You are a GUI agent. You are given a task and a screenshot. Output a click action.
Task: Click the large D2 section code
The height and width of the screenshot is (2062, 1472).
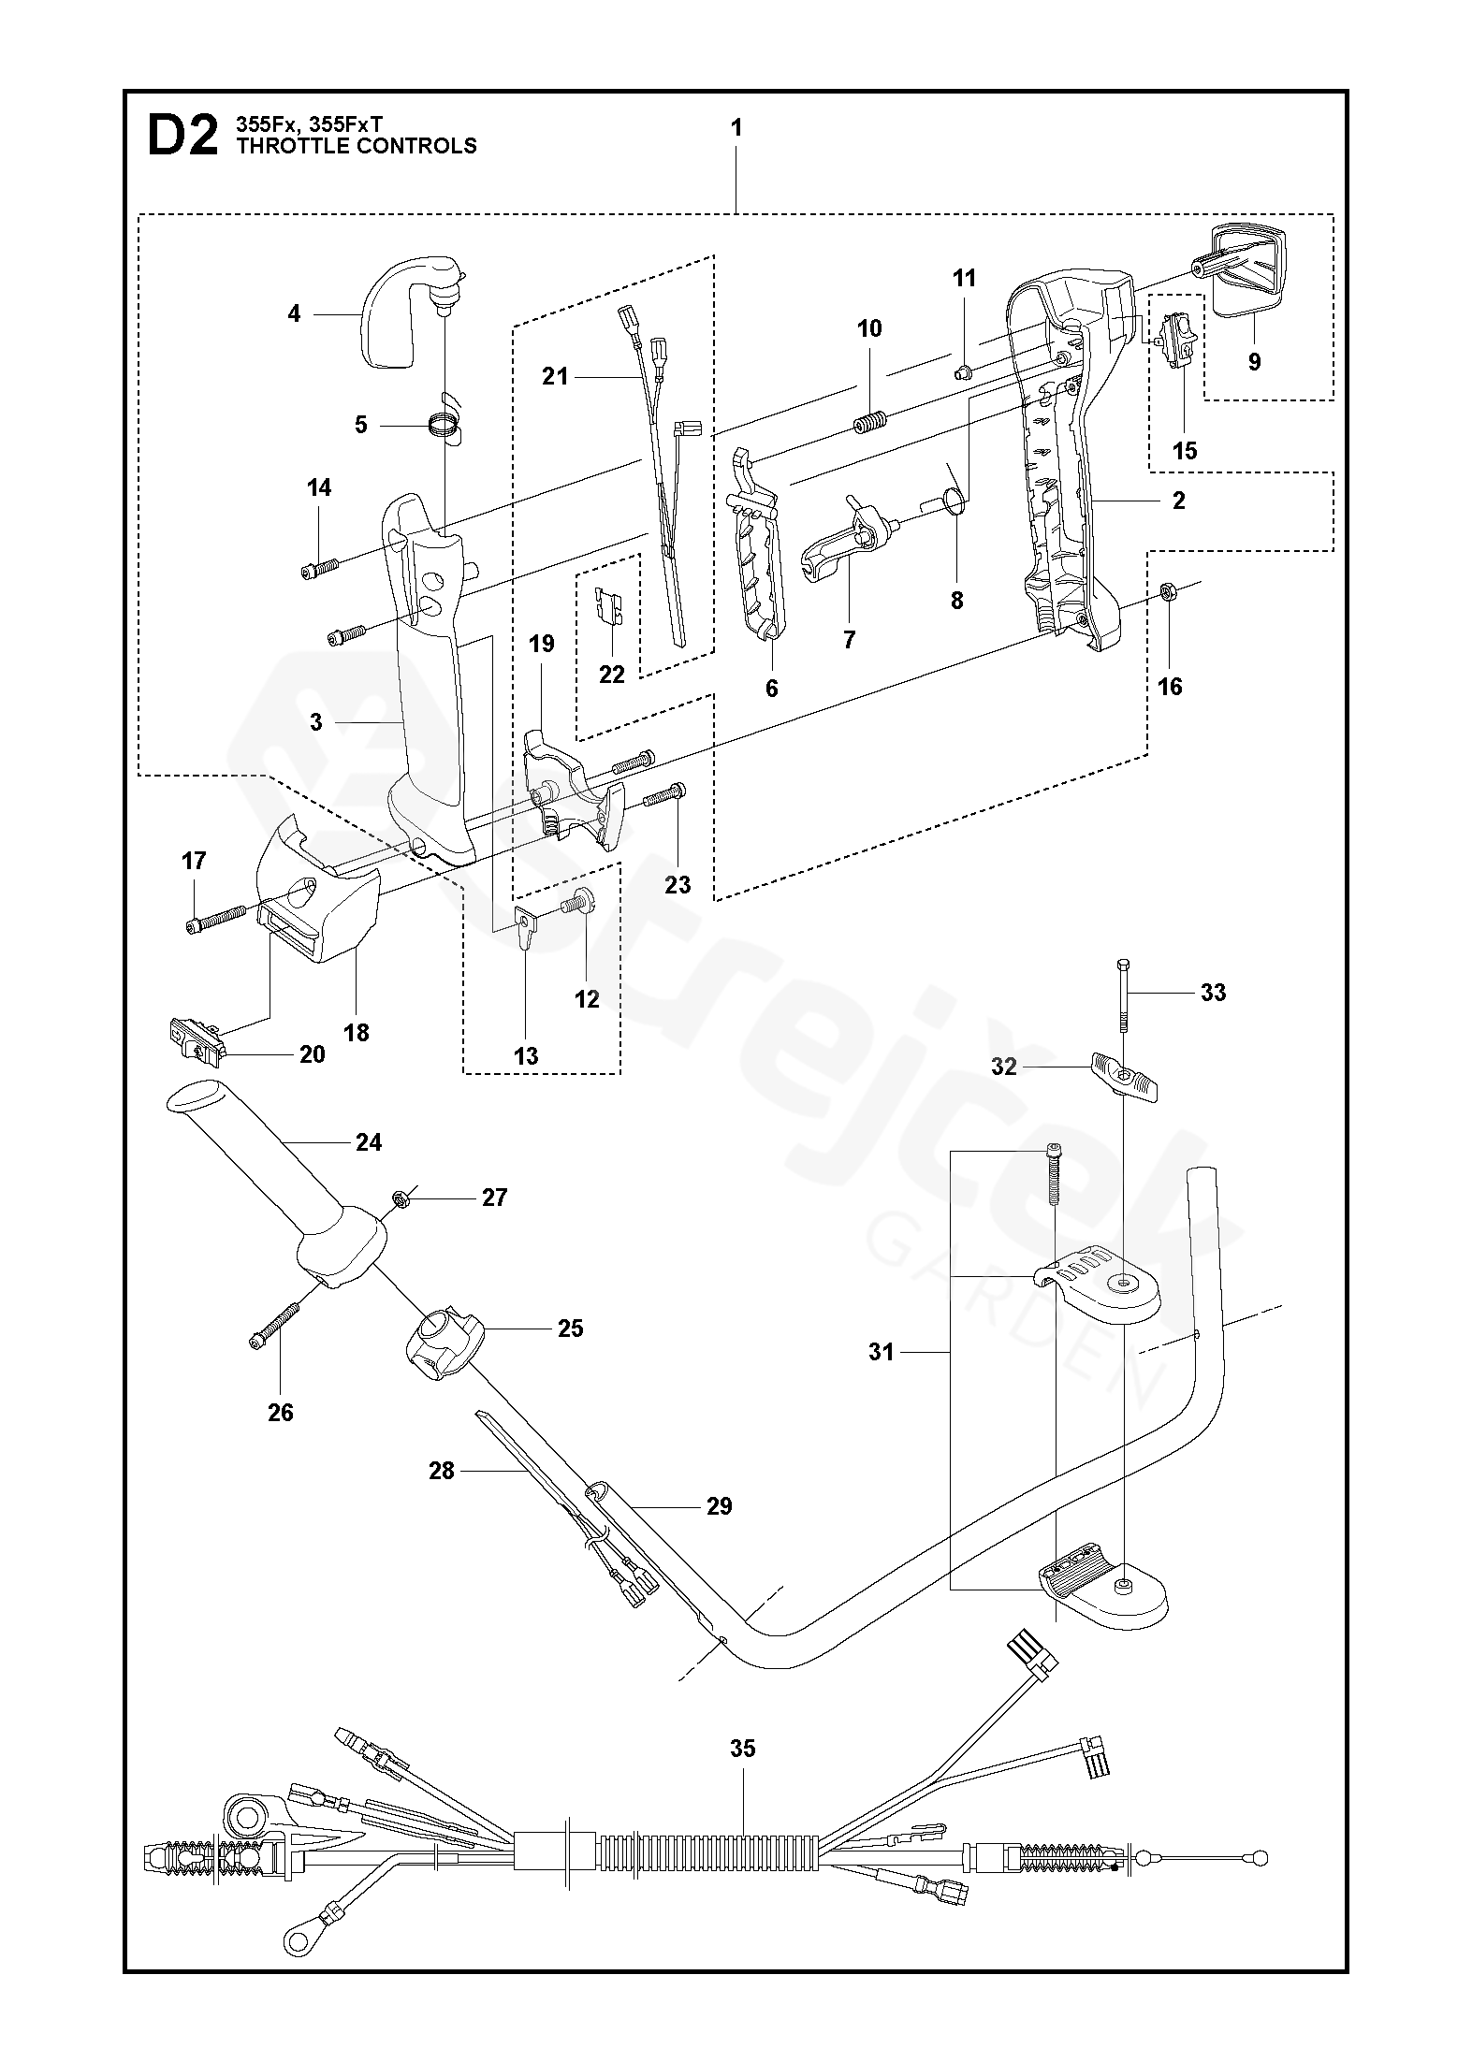tap(182, 136)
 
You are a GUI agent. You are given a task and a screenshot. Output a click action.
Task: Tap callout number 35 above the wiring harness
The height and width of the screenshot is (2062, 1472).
tap(742, 1749)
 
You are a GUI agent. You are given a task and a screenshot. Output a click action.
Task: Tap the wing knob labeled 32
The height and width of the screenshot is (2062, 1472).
tap(1125, 1077)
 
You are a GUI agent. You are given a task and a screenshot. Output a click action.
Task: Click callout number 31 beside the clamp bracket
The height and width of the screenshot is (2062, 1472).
tap(882, 1351)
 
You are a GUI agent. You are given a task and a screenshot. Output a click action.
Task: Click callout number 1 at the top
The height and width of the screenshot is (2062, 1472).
tap(736, 128)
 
